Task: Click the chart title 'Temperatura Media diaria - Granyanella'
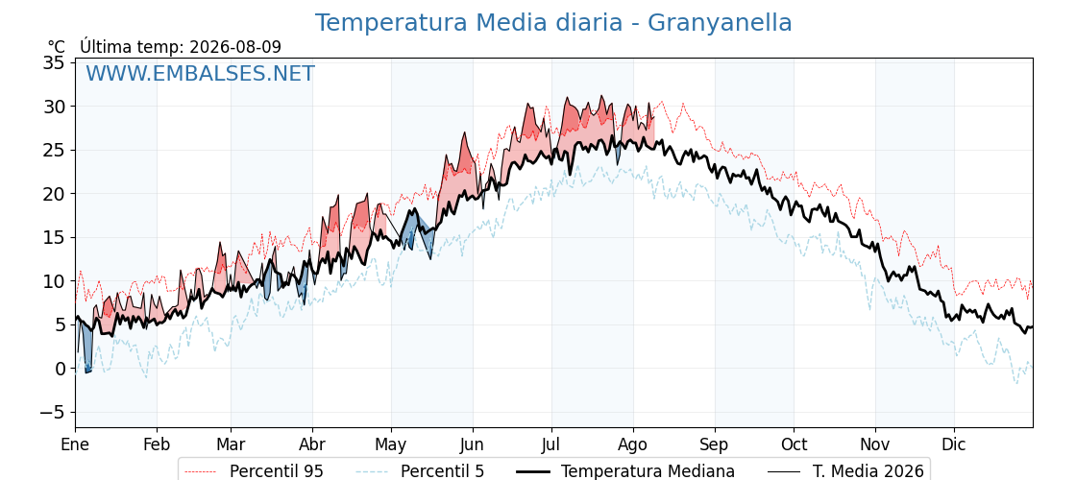pos(553,23)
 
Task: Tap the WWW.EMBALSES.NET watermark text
pos(201,73)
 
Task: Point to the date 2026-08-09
pos(235,47)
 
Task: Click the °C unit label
pos(57,47)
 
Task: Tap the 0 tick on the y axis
pos(61,369)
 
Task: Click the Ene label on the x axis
pos(75,444)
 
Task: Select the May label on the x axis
pos(391,444)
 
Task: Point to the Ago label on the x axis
pos(633,444)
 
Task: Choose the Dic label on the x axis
pos(954,444)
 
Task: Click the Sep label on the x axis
pos(715,444)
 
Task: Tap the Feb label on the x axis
pos(157,444)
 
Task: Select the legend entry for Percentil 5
pos(420,471)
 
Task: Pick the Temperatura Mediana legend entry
pos(624,471)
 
